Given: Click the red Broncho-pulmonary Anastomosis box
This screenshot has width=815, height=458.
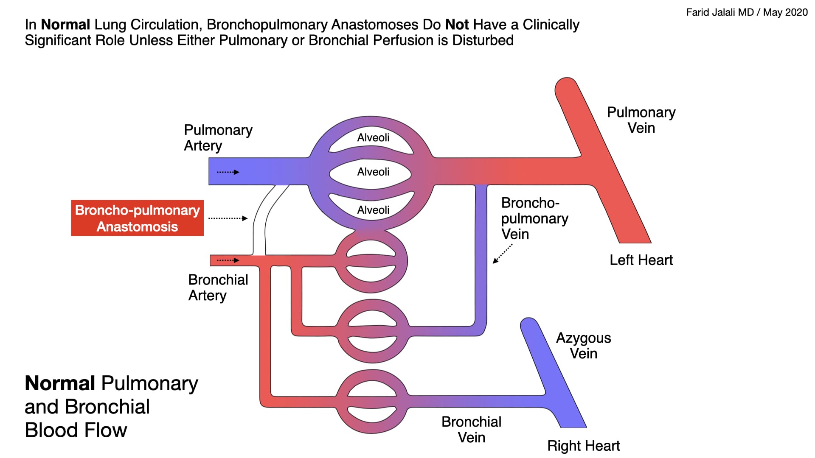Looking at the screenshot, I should point(137,218).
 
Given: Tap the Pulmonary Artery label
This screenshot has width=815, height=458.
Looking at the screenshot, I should point(218,137).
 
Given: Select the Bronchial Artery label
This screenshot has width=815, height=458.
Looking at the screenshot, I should point(218,288).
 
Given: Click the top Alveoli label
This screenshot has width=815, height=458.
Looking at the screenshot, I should point(373,137).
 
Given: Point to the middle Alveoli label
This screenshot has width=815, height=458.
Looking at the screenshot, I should point(373,172).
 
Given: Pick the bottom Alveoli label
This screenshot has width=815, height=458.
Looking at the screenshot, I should point(373,210).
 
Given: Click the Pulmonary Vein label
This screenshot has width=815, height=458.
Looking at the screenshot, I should point(641,120).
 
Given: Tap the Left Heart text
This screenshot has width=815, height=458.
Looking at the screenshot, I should point(641,260).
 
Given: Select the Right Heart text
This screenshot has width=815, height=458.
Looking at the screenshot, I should point(583,446).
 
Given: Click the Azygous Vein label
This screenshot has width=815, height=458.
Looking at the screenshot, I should point(583,346).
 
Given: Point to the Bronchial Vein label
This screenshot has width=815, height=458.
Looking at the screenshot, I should point(471,430).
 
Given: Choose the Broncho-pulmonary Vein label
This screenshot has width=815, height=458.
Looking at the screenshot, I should point(534,218).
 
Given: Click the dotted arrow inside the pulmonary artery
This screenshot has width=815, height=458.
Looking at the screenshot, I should point(228,172).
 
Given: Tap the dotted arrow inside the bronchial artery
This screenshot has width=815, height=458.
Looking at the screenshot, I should point(228,260).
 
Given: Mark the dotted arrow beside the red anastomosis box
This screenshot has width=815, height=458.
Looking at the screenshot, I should point(228,218).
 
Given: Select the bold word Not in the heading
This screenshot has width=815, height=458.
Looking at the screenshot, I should point(457,25).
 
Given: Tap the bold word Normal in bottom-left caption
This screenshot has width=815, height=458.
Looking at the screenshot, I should point(60,383).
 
